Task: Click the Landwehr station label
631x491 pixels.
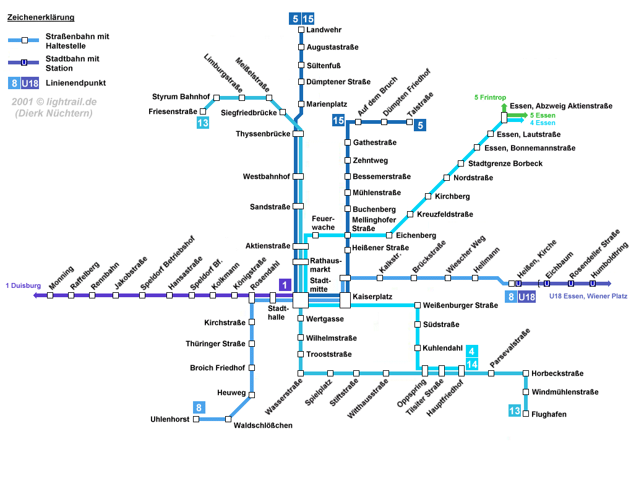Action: (324, 30)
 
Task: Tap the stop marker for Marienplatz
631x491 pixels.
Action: (301, 104)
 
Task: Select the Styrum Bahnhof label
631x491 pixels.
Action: (181, 97)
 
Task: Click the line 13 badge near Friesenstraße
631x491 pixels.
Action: (203, 123)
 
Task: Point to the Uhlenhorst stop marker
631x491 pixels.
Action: (196, 419)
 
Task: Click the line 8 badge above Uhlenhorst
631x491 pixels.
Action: (199, 407)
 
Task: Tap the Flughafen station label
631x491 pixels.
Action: (549, 414)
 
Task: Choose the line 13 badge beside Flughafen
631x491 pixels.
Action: (515, 411)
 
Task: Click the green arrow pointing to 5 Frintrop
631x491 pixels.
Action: (504, 108)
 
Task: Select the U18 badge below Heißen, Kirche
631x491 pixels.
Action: (526, 297)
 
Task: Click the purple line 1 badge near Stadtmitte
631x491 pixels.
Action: (285, 285)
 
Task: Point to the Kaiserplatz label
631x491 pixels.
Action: (372, 297)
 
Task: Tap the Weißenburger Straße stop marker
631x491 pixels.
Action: (418, 305)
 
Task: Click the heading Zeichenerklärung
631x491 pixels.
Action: (41, 17)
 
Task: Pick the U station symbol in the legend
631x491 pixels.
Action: (24, 63)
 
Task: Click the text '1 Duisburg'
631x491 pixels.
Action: (23, 286)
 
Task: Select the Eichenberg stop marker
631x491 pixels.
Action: (389, 235)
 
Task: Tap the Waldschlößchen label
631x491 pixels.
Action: (263, 425)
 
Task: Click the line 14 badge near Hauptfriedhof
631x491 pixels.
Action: (472, 364)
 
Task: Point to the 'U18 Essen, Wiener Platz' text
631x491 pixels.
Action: (588, 297)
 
